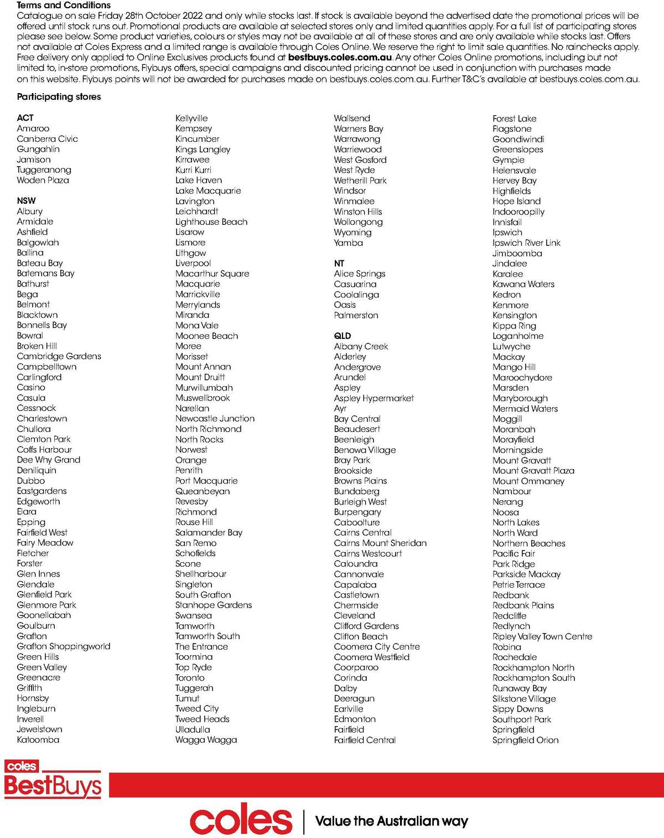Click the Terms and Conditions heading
pos(64,5)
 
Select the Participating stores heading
pos(59,96)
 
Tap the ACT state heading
pos(25,117)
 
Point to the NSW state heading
pos(26,200)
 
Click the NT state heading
pos(339,263)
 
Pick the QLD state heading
pos(342,336)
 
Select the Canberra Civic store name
pos(47,138)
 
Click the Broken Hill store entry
pos(37,346)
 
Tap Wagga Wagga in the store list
pos(206,739)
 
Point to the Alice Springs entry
pos(359,274)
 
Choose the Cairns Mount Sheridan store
pos(380,543)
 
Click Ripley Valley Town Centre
pos(542,636)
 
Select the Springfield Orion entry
pos(525,740)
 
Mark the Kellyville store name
pos(191,118)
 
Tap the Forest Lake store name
pos(514,118)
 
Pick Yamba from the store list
pos(348,243)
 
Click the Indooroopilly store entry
pos(518,212)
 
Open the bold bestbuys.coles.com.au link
pos(340,57)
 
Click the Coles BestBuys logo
pos(53,780)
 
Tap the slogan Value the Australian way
pos(391,821)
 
